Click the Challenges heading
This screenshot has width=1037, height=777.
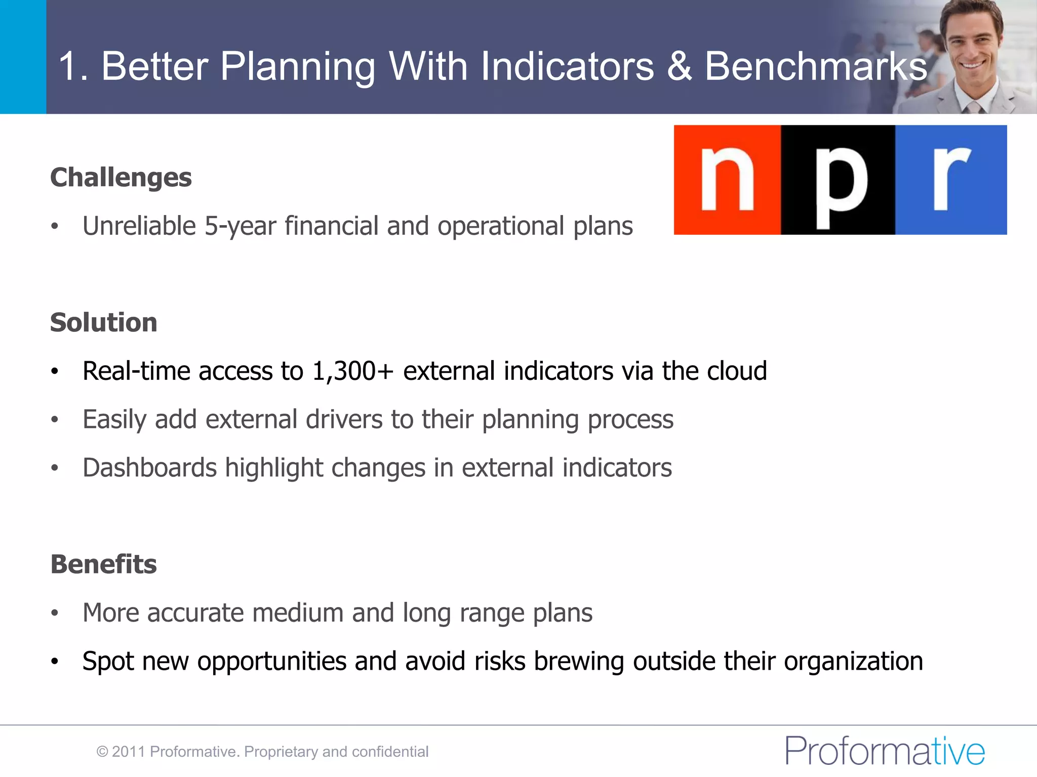(121, 178)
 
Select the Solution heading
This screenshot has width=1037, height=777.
(103, 323)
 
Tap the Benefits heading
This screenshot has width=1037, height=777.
(103, 565)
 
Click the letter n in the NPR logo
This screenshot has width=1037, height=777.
(727, 181)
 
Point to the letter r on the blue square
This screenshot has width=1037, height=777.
(951, 178)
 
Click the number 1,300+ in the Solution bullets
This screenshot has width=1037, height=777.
(352, 371)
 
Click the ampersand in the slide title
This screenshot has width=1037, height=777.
(679, 66)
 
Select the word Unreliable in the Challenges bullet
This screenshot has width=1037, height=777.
(139, 226)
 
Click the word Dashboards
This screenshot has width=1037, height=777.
(149, 468)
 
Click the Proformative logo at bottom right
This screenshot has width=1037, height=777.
(885, 751)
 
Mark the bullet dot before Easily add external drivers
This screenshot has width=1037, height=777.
(55, 420)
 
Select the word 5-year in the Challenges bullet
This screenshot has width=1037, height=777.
(240, 226)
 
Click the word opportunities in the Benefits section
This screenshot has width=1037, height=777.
(271, 662)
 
